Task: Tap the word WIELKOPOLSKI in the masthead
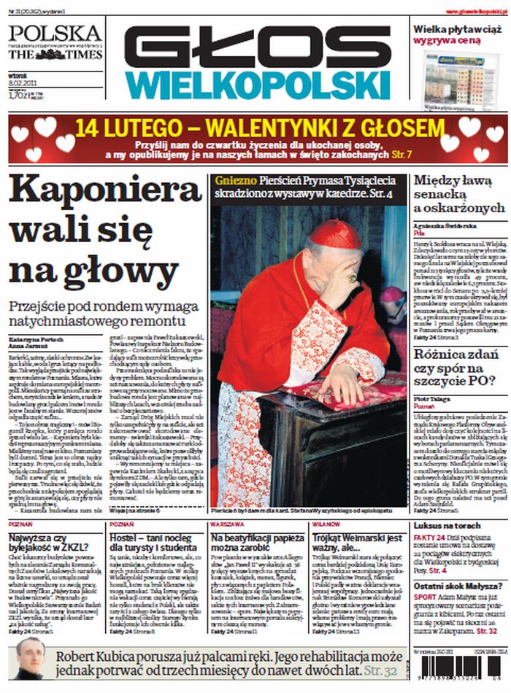259,85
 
